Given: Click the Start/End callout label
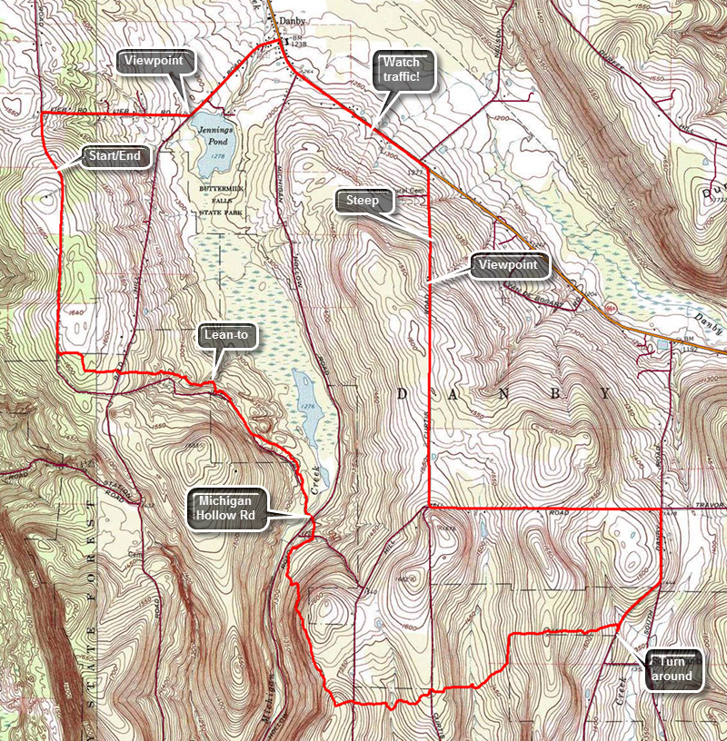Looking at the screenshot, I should [x=115, y=156].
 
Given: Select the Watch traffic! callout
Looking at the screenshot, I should [x=401, y=71].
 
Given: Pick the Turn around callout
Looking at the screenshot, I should [x=673, y=668].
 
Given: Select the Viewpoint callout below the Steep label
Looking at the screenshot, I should [x=512, y=265].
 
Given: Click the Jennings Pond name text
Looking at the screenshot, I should [x=216, y=136].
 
